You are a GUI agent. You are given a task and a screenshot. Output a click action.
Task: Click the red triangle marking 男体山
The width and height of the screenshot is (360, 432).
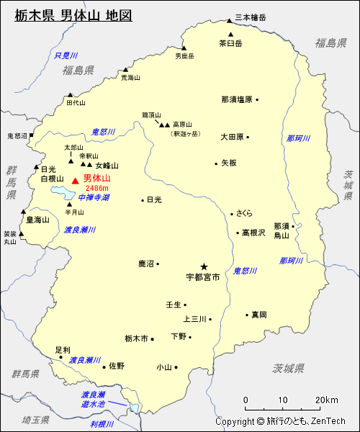pos(75,179)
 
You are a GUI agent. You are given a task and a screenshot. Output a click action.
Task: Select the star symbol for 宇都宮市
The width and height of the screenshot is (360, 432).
pos(204,266)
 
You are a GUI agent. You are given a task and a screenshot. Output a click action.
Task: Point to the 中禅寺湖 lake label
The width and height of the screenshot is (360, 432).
pos(94,197)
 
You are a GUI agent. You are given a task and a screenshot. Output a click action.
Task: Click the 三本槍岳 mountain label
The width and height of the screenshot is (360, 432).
pos(250,17)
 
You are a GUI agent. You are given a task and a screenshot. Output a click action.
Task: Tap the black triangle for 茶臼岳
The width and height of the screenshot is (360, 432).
pos(230,34)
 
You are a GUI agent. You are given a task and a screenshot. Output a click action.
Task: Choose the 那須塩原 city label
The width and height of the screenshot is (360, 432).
pos(236,99)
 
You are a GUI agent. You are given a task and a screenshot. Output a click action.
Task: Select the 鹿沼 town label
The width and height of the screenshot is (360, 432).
pos(147,264)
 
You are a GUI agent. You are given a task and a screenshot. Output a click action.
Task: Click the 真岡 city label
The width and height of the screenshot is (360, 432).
pos(259,315)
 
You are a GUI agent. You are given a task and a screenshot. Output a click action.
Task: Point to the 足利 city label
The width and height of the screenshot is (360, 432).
pos(63,350)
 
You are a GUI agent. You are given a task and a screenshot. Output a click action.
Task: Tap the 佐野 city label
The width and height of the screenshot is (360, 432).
pos(117,366)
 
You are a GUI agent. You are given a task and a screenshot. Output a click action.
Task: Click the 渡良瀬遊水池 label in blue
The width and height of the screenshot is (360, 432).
pos(94,400)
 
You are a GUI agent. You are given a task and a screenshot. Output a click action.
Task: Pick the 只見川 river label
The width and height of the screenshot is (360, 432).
pos(66,55)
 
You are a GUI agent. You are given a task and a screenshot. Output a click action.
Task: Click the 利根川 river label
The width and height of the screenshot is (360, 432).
pos(103,424)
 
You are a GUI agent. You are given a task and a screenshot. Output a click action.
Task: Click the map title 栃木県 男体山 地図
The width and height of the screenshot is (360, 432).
pos(73,15)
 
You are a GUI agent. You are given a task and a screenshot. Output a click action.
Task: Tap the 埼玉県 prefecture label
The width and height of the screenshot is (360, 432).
pos(34,420)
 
